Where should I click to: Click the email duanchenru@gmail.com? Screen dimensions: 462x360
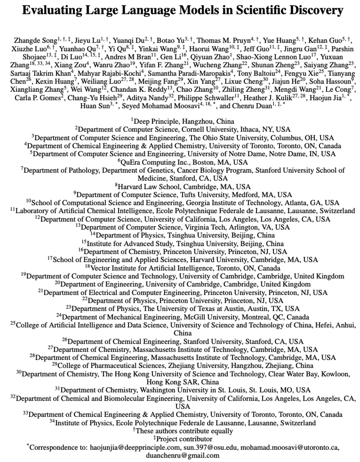(x=180, y=455)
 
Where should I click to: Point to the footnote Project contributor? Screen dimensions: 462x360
(x=182, y=439)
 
